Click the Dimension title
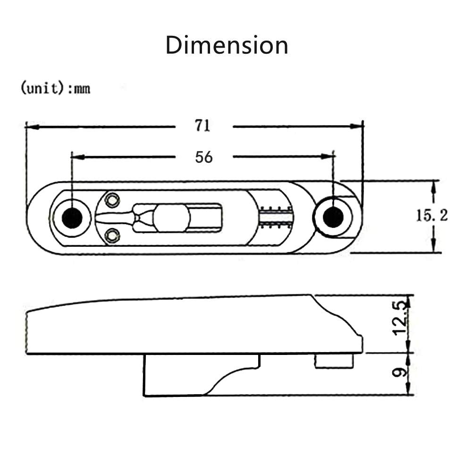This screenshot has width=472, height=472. coord(227,45)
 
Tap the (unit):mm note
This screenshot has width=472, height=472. coord(55,88)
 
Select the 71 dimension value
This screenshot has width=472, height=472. coord(202,126)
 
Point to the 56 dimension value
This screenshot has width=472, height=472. coord(204,157)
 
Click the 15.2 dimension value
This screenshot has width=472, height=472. coord(431,216)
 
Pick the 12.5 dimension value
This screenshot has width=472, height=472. coord(400,319)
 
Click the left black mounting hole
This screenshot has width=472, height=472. coord(72,218)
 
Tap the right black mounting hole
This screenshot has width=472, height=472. coord(333,217)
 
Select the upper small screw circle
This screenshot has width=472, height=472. coord(112,201)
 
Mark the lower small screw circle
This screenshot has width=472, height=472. coord(112,234)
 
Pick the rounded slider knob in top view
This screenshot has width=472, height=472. coord(171,218)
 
